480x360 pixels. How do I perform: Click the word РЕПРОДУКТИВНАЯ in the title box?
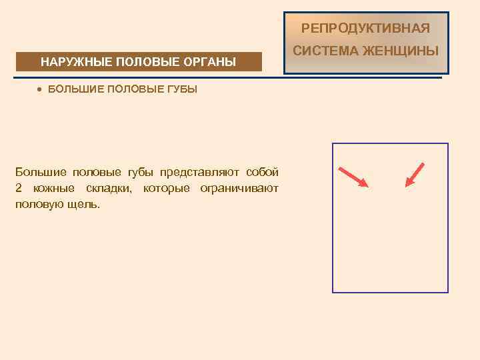tap(365, 28)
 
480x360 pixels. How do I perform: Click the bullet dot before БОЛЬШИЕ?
tap(40, 89)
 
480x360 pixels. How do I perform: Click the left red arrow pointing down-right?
tap(353, 177)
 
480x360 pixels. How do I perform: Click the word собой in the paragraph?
tap(262, 173)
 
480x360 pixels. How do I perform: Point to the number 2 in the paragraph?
tap(19, 189)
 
